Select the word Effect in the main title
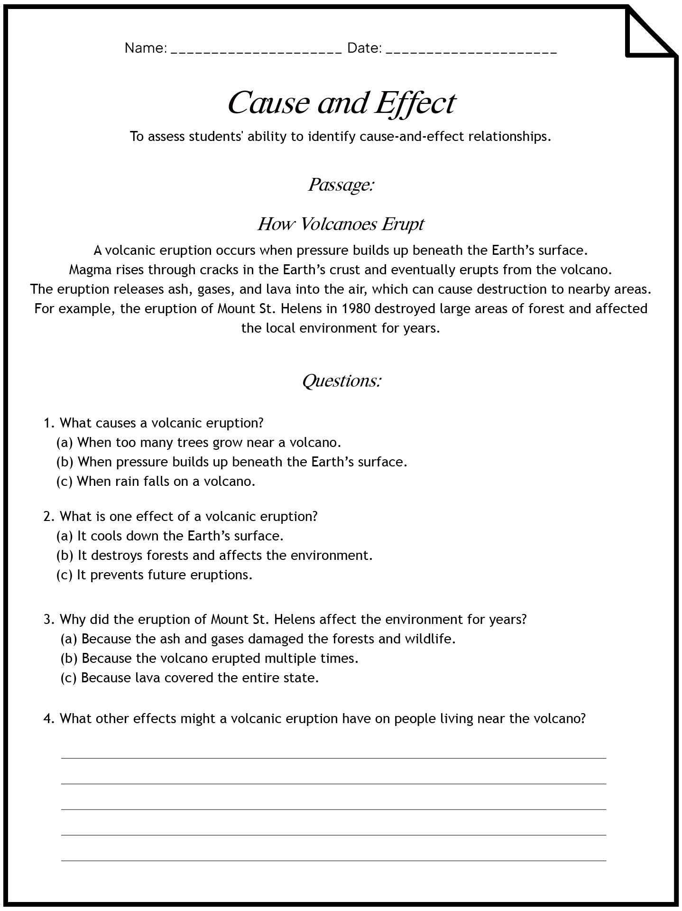tap(415, 102)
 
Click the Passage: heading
tap(341, 185)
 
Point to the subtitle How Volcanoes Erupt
tap(341, 224)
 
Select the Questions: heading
tap(341, 381)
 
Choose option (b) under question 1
tap(232, 462)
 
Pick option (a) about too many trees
tap(199, 443)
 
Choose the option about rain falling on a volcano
tap(156, 482)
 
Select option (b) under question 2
tap(214, 556)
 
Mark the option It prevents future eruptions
tap(155, 575)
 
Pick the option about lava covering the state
tap(190, 678)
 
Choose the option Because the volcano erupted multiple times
tap(209, 659)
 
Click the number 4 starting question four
tap(47, 719)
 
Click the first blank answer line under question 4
tap(333, 758)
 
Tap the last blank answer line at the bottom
tap(333, 860)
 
